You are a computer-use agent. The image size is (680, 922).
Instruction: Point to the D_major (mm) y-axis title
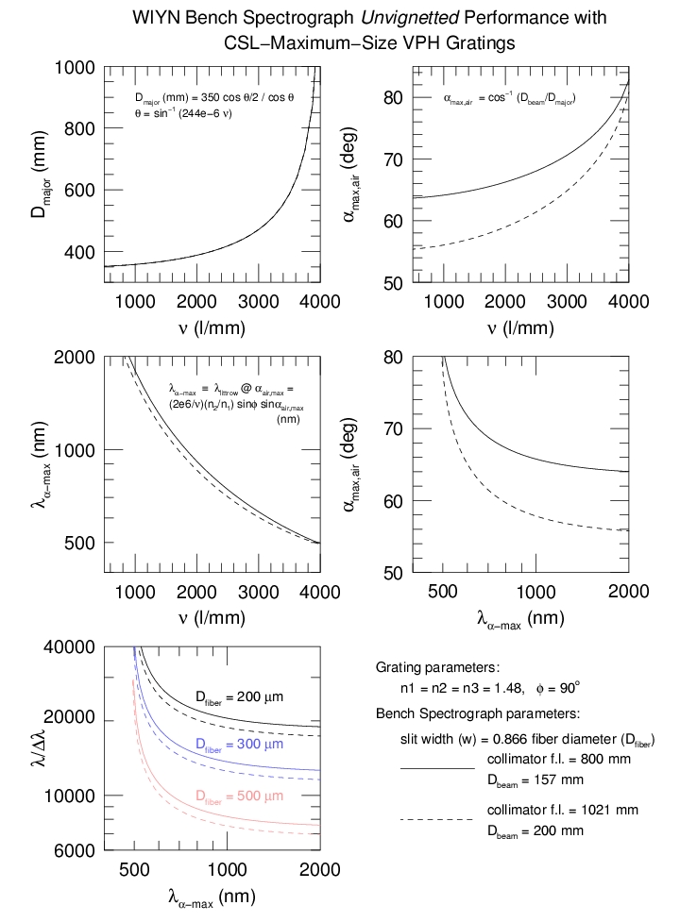(x=39, y=176)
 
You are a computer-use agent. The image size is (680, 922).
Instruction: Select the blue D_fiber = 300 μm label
(x=240, y=746)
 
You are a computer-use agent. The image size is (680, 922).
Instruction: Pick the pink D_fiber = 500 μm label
(x=240, y=796)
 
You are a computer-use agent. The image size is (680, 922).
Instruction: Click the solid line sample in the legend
(x=437, y=769)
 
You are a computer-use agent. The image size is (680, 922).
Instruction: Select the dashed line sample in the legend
(x=437, y=820)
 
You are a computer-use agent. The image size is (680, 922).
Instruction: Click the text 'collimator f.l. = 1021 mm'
(x=563, y=810)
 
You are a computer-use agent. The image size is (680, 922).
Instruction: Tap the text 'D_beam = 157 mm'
(x=535, y=780)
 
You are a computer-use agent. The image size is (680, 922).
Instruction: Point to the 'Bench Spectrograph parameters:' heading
(x=477, y=713)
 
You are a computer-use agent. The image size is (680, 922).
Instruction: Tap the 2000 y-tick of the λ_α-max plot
(x=74, y=358)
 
